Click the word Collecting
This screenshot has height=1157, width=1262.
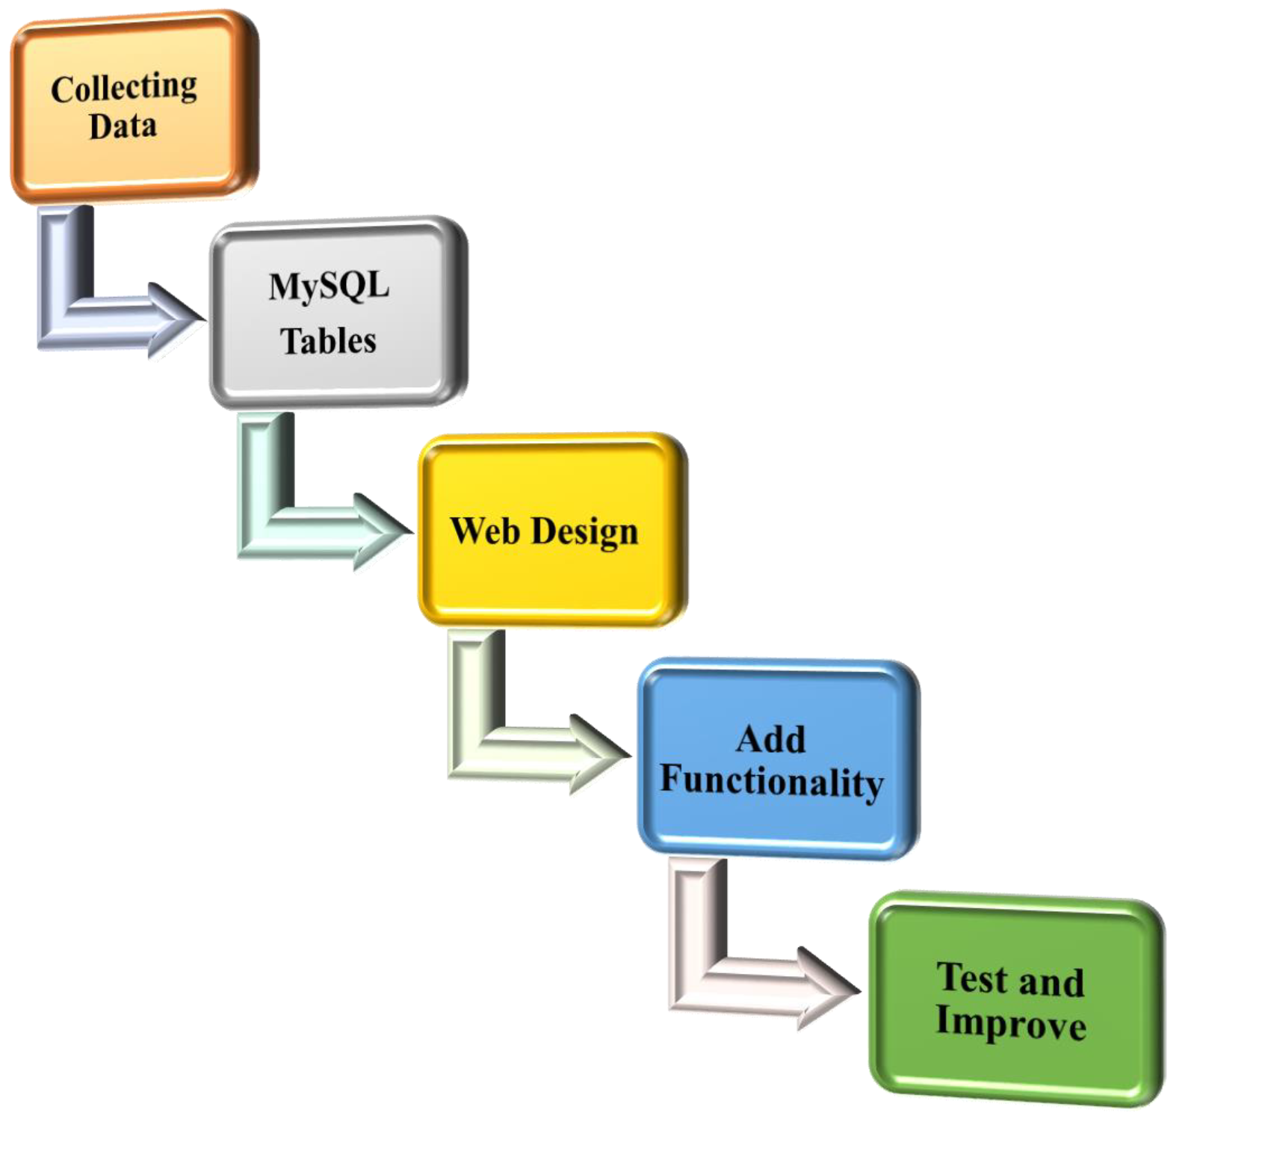124,89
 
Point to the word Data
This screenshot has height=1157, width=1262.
123,126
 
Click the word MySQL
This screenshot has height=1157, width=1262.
329,286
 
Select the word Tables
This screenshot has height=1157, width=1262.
328,341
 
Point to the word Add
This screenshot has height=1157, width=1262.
770,740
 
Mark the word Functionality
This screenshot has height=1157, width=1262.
772,782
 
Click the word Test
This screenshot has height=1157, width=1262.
972,978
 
